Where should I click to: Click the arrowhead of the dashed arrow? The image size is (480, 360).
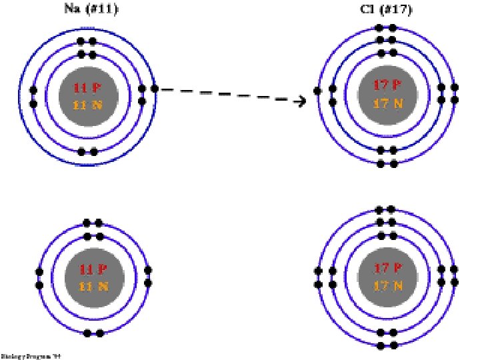(301, 101)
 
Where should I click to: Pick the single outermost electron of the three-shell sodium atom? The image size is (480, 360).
(155, 89)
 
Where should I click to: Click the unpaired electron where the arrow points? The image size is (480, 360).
(318, 91)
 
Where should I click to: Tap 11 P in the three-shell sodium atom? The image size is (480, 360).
(88, 87)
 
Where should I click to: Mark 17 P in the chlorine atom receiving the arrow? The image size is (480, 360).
(387, 85)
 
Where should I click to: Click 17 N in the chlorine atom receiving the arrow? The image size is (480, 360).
(388, 103)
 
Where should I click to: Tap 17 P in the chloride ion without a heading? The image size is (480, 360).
(387, 269)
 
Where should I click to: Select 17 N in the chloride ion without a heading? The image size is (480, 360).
(388, 286)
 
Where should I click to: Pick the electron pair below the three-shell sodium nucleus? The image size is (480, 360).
(87, 152)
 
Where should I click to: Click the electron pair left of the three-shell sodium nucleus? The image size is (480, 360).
(33, 97)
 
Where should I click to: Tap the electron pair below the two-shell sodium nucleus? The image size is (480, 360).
(93, 333)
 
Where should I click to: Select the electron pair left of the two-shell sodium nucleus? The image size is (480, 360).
(39, 279)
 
